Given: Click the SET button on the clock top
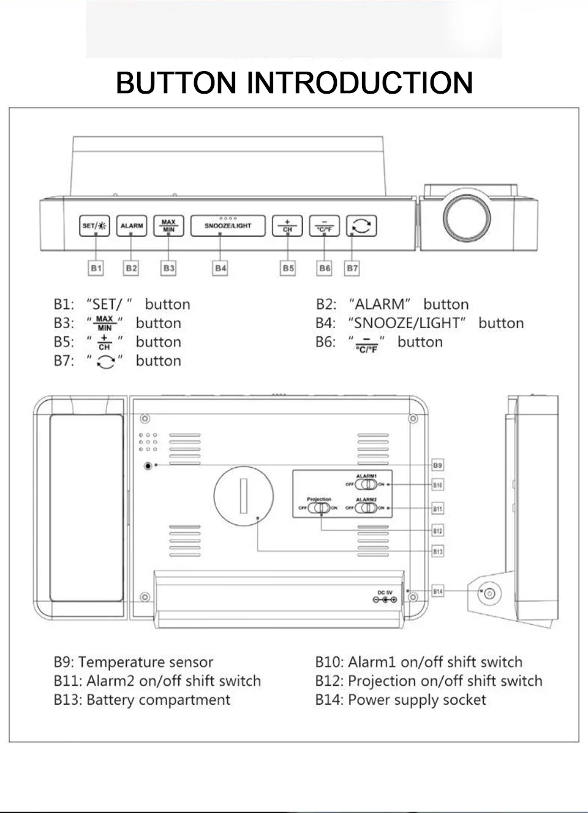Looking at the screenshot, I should click(x=94, y=226).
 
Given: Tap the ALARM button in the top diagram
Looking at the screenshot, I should click(x=131, y=226).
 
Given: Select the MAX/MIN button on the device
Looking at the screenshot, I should click(x=168, y=226).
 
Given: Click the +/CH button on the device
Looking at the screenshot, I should click(x=287, y=226).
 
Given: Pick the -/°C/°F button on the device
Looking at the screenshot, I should click(x=324, y=226).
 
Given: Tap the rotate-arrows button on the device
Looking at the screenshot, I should click(x=361, y=226).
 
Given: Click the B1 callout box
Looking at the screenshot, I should click(x=96, y=268).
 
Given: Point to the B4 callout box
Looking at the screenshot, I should click(x=221, y=268).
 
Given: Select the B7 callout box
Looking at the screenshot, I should click(x=352, y=268).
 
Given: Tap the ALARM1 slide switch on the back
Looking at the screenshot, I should click(x=366, y=484).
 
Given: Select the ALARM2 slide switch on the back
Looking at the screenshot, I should click(x=366, y=508).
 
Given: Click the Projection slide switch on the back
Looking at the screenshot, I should click(x=318, y=508).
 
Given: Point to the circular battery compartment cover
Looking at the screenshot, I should click(x=243, y=495).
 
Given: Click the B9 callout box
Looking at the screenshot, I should click(x=437, y=465).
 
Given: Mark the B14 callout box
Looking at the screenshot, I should click(x=437, y=591).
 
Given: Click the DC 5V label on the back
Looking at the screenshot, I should click(x=385, y=592).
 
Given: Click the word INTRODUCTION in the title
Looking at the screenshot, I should click(x=360, y=83).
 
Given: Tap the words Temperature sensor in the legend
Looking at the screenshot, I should click(x=146, y=662).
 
